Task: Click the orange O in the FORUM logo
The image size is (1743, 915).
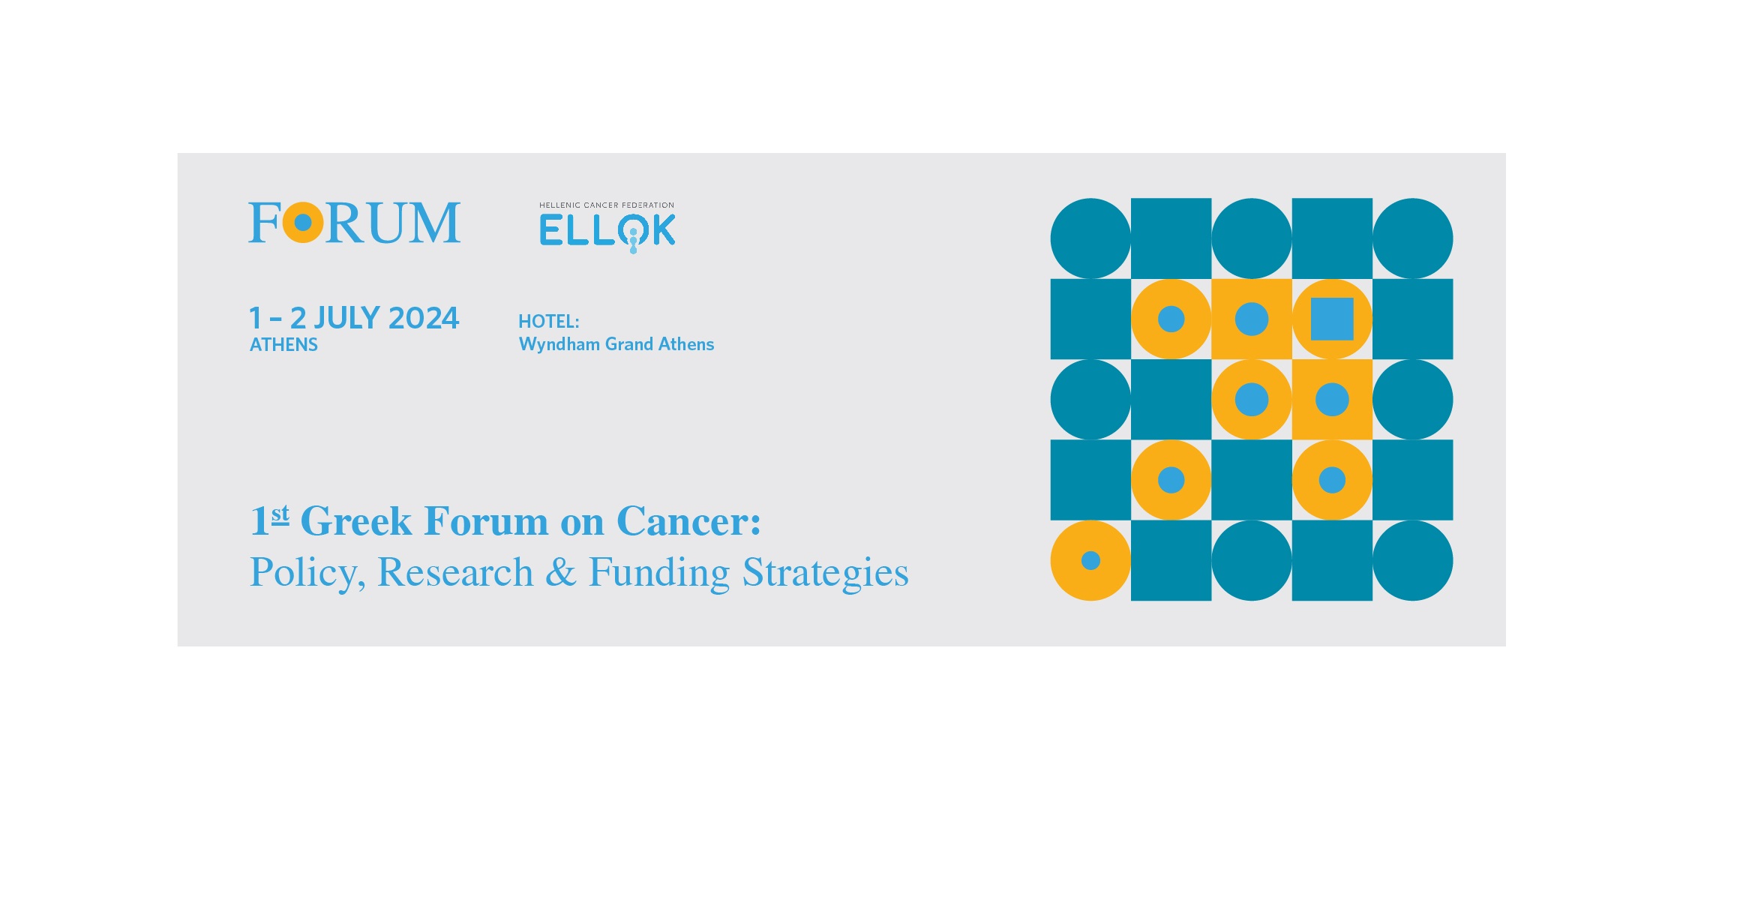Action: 303,223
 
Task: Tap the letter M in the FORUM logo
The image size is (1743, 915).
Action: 433,223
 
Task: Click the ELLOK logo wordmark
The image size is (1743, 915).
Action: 607,231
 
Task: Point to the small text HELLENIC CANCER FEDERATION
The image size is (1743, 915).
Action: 606,205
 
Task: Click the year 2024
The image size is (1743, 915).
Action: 424,318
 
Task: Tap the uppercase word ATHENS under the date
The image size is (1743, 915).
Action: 283,345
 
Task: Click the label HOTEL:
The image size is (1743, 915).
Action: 548,322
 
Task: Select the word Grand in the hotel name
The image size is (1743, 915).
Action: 628,344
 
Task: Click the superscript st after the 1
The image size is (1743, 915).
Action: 280,514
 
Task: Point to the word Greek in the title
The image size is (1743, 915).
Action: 356,521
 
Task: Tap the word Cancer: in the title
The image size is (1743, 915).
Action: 688,521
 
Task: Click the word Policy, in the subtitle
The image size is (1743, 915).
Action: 307,572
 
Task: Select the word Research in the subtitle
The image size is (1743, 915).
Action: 454,572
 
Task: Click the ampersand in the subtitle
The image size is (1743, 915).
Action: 560,572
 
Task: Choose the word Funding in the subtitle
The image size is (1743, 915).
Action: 659,572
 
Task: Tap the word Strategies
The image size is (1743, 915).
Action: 825,572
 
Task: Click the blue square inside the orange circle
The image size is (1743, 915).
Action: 1332,319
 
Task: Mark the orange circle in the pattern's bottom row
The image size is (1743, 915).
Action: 1090,560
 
